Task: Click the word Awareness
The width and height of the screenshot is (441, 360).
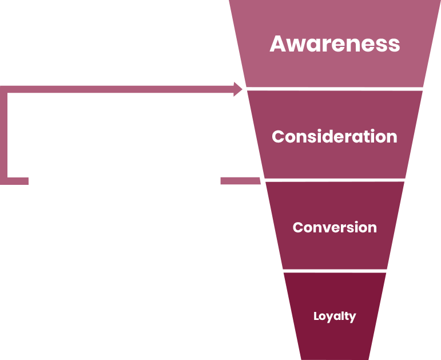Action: pyautogui.click(x=335, y=44)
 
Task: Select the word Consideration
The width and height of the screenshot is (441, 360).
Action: pyautogui.click(x=335, y=137)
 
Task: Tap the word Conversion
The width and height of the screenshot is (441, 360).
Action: pyautogui.click(x=335, y=227)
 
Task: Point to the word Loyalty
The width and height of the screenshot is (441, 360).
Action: pyautogui.click(x=335, y=317)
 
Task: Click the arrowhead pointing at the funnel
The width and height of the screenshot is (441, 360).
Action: pyautogui.click(x=238, y=89)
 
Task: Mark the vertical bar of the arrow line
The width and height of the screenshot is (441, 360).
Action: pyautogui.click(x=3, y=135)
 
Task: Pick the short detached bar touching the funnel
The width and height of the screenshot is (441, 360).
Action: pyautogui.click(x=240, y=181)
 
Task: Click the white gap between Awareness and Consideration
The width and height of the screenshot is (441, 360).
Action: pyautogui.click(x=335, y=89)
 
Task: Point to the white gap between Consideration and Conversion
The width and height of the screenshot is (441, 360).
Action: pyautogui.click(x=335, y=180)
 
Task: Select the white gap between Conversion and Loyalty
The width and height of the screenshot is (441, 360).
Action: pyautogui.click(x=335, y=271)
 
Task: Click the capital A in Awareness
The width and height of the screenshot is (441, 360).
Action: pyautogui.click(x=277, y=44)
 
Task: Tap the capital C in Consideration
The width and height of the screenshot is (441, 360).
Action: pyautogui.click(x=279, y=137)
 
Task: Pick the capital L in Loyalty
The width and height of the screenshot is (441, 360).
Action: pyautogui.click(x=316, y=316)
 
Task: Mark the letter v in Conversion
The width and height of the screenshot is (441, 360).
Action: pyautogui.click(x=328, y=229)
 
